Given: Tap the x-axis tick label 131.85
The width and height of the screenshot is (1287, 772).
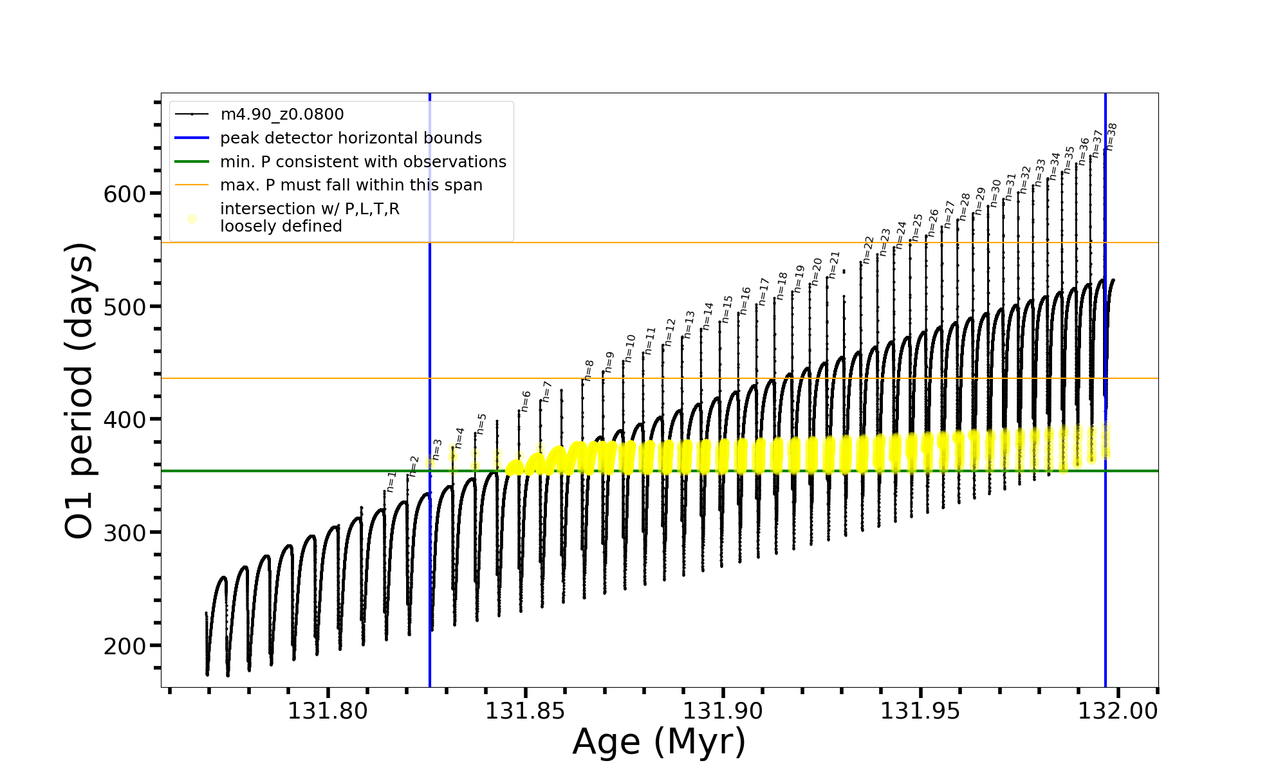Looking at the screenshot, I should point(524,711).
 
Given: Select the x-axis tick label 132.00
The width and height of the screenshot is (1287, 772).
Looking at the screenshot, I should point(1118,711).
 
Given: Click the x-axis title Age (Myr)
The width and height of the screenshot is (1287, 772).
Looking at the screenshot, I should point(659,742).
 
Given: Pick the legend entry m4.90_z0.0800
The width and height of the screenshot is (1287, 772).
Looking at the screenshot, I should point(282,115).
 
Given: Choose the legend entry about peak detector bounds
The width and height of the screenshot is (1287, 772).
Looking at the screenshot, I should point(351,138).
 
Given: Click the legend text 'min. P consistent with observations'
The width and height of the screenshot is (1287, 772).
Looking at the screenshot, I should point(363,161).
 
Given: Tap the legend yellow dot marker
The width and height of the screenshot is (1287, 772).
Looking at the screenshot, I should point(192,219).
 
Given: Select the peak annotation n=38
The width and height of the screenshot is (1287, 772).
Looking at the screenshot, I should point(1111,136).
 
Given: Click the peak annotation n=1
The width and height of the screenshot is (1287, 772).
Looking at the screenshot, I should point(391,481).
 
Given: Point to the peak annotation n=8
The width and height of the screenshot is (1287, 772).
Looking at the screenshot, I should point(589,371).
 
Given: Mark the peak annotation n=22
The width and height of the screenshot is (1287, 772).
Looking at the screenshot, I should point(868,250).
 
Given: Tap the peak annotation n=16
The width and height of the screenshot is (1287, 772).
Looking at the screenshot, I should point(745,300).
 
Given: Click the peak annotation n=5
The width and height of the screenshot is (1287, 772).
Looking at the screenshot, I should point(481,424).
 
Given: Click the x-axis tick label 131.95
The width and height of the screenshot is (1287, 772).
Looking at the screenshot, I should point(920,711).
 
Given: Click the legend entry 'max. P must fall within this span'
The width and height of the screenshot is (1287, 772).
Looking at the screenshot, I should point(351,185).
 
